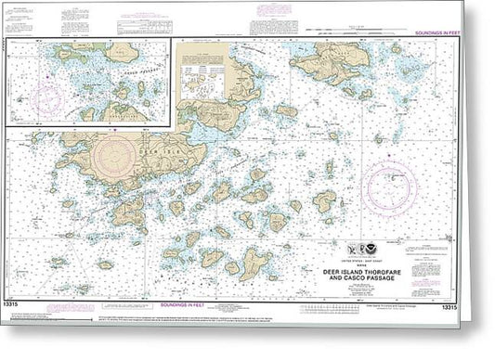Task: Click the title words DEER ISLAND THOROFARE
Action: tap(375, 259)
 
